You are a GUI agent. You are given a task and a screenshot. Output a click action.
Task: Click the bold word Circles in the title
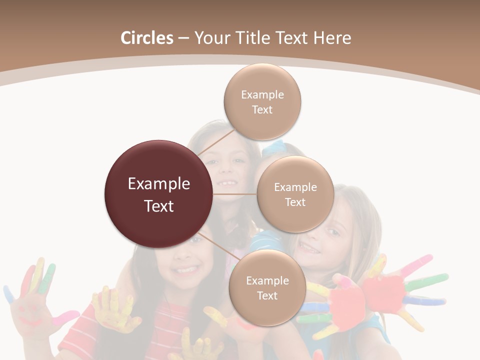coord(146,38)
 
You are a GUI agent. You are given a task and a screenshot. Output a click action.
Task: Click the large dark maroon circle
coord(159,194)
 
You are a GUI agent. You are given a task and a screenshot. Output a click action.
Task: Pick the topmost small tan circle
coord(262,101)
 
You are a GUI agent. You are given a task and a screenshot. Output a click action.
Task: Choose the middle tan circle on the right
coord(295,194)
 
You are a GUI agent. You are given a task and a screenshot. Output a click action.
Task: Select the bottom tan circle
coord(267,287)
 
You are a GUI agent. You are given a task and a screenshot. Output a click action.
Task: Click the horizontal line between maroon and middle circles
coord(234,194)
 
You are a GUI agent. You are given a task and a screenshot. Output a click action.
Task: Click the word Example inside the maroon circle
coord(159,184)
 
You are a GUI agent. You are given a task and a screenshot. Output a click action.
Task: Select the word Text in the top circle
coord(262,109)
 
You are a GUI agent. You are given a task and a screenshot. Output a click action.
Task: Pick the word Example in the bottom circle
coord(267,280)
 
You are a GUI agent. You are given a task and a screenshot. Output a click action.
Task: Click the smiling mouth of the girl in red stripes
coord(186,270)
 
